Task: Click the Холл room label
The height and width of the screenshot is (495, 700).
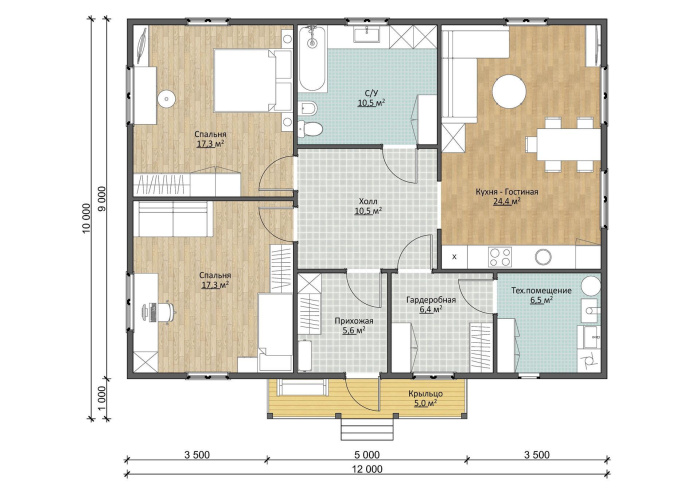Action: click(x=368, y=201)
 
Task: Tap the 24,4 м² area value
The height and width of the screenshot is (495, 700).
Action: click(x=507, y=202)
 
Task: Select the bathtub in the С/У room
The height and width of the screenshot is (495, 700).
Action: click(x=312, y=59)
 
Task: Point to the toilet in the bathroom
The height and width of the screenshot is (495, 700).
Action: click(x=311, y=128)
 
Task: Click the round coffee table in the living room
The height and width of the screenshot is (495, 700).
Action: click(x=509, y=91)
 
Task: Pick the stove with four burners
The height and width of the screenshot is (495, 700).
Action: click(x=500, y=257)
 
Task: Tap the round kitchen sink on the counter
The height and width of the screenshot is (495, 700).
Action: click(x=543, y=257)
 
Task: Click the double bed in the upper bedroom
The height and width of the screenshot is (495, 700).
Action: click(x=252, y=80)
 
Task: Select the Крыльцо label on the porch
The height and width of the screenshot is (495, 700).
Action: click(x=425, y=394)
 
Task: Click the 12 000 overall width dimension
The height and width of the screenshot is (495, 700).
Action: click(x=367, y=469)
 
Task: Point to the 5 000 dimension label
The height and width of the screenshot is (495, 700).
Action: click(x=367, y=455)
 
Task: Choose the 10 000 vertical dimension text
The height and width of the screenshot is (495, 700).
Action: click(x=87, y=219)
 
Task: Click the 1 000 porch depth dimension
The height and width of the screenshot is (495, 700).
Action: click(x=101, y=399)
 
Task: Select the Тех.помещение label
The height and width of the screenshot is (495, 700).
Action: click(x=541, y=291)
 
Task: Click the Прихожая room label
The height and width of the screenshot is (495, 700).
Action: click(x=354, y=321)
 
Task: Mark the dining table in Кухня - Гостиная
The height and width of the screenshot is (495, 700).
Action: click(x=568, y=144)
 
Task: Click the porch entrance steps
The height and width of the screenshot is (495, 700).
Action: click(x=367, y=428)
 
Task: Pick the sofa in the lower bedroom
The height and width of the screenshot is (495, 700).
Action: click(x=173, y=219)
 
